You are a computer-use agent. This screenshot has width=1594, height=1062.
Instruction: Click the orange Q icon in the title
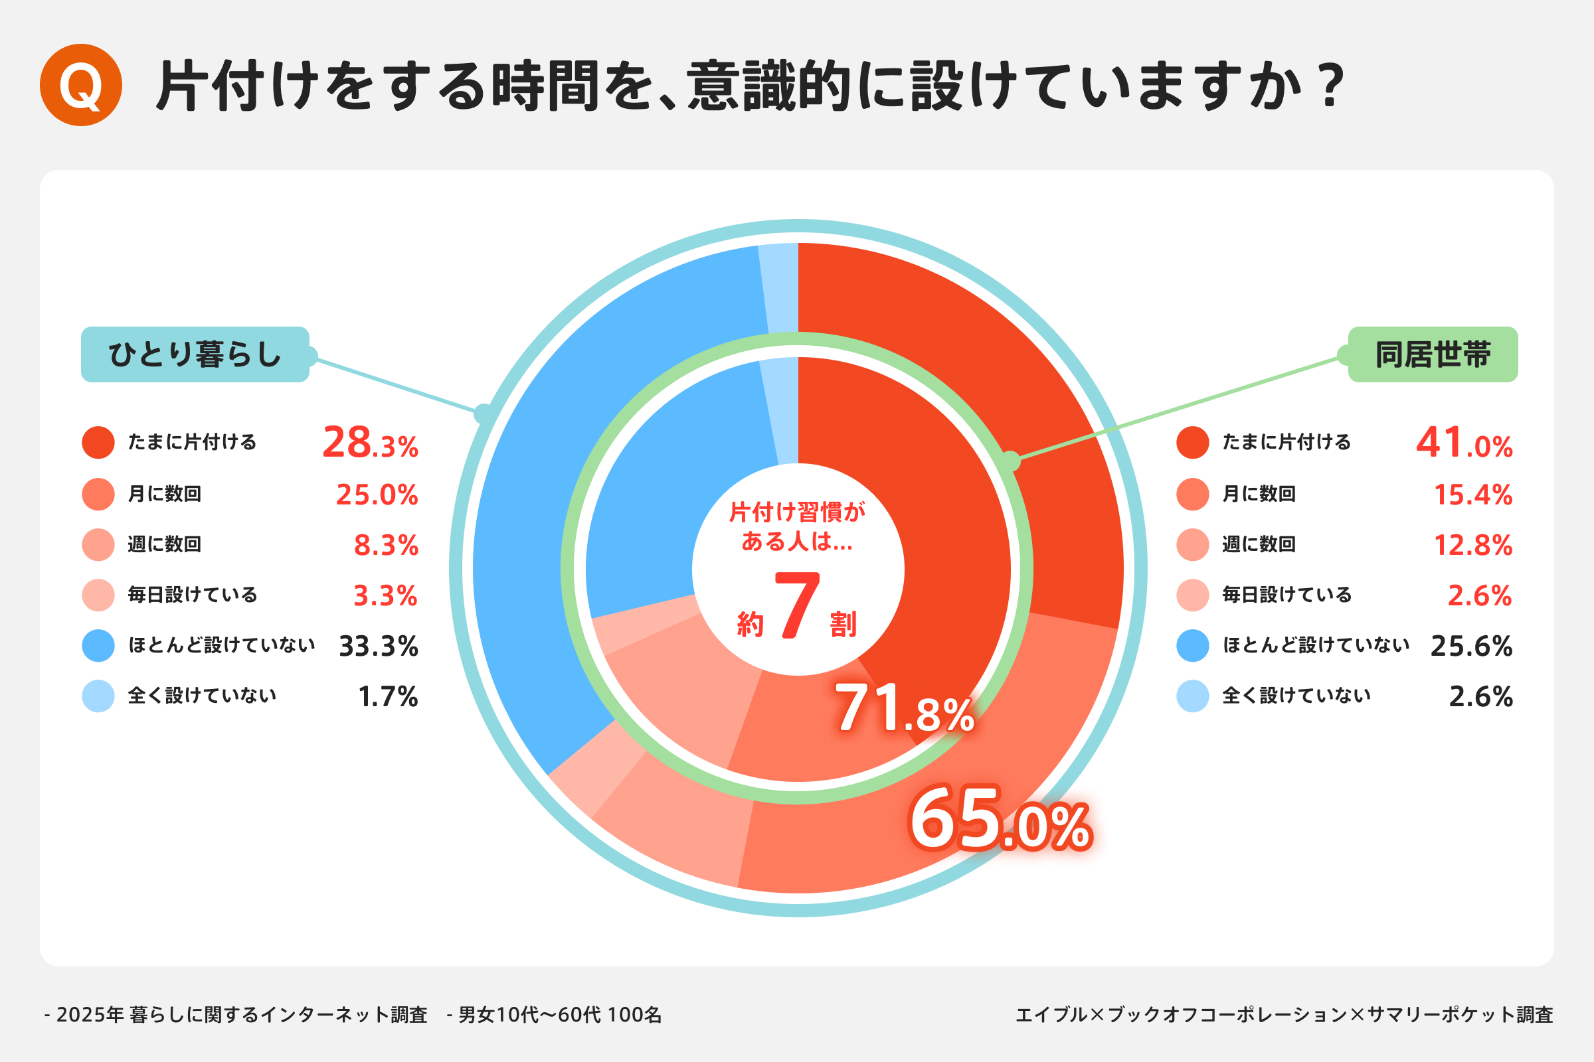click(80, 86)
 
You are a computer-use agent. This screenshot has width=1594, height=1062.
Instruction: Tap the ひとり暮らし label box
click(195, 354)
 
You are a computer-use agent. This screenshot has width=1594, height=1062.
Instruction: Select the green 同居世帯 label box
click(1433, 354)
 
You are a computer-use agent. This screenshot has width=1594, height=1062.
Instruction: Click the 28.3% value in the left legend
click(370, 443)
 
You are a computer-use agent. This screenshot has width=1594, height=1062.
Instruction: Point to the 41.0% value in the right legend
click(1464, 443)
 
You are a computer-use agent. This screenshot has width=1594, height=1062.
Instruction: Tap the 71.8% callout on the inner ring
click(905, 709)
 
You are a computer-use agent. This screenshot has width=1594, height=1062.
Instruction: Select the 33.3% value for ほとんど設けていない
click(378, 646)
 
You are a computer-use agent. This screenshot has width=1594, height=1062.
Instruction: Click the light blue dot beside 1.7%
click(98, 696)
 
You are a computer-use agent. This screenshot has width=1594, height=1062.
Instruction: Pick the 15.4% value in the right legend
click(1472, 494)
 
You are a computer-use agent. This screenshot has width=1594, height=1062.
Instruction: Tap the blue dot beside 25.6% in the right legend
click(1193, 645)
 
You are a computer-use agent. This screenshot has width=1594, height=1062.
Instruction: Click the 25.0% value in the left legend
click(377, 494)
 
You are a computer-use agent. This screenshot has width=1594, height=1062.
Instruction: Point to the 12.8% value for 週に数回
click(1472, 545)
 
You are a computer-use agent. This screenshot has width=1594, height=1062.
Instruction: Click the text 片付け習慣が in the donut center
click(797, 512)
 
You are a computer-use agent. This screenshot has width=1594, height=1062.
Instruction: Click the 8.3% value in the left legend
click(386, 545)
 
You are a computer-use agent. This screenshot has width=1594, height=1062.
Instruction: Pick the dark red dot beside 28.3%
click(98, 442)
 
